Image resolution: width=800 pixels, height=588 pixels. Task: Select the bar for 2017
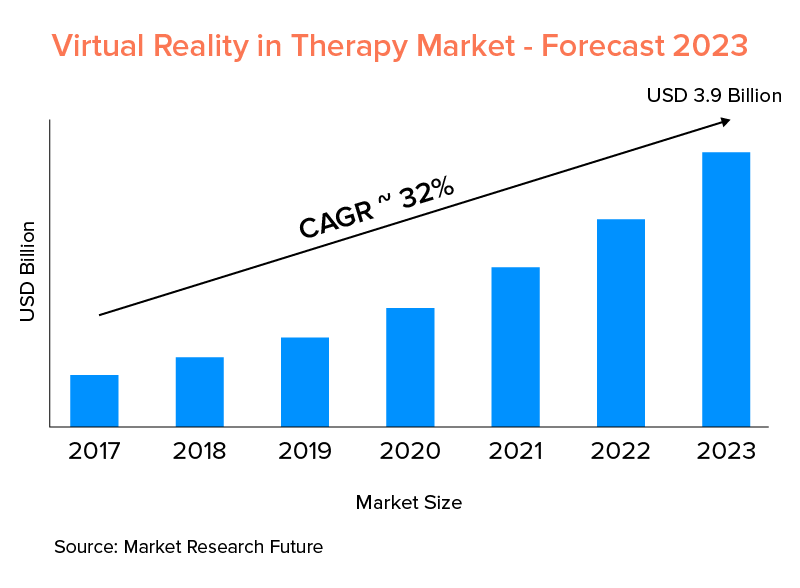94,401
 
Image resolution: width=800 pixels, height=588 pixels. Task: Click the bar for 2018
199,392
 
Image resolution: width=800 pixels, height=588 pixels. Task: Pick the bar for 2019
305,382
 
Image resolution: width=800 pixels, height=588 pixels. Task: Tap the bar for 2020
410,367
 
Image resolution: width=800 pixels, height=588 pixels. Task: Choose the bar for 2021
515,347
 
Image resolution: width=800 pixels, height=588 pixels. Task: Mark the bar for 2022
621,323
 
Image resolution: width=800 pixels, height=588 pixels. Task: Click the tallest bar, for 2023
726,289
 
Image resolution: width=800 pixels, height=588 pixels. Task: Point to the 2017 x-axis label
94,451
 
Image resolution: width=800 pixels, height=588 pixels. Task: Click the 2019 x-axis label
305,451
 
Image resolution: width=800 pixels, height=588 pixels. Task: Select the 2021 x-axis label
515,451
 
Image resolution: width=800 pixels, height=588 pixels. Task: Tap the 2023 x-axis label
726,451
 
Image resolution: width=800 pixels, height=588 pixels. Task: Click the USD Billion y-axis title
28,271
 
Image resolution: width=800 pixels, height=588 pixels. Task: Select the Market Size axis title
409,501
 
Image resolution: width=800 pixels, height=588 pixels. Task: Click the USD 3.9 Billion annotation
714,96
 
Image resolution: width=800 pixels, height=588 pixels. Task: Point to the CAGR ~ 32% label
377,210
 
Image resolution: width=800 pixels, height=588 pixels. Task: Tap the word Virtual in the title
97,45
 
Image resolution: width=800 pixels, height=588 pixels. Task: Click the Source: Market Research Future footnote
188,548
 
